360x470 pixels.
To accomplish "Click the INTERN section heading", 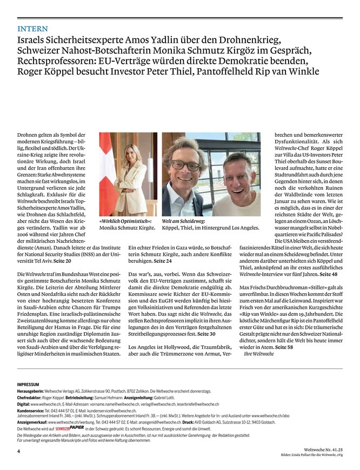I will [32, 28].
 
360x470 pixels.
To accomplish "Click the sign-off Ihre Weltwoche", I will [259, 354].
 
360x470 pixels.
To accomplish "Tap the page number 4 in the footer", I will [19, 451].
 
